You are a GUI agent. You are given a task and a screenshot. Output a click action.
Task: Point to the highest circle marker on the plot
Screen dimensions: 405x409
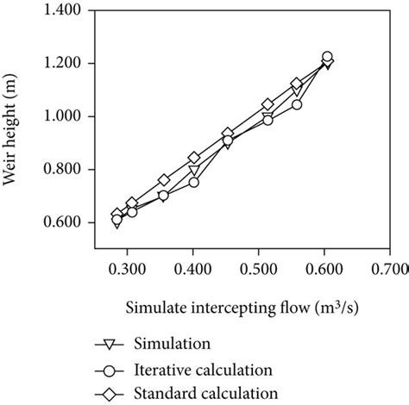point(327,57)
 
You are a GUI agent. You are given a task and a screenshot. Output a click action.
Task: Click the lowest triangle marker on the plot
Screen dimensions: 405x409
point(116,223)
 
